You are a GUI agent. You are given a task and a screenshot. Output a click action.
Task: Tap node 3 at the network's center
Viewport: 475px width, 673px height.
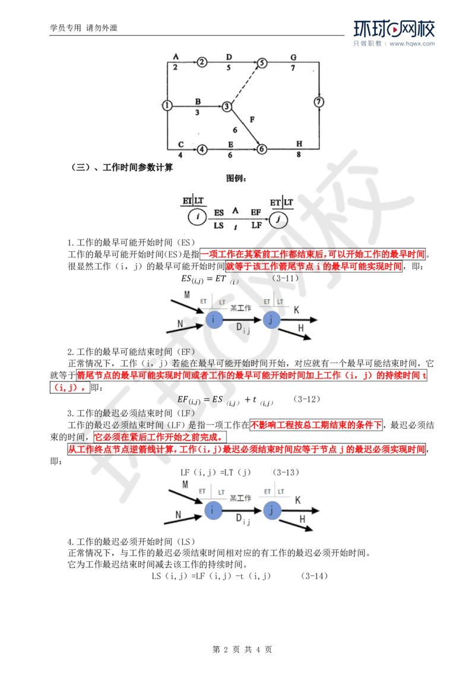tap(227, 106)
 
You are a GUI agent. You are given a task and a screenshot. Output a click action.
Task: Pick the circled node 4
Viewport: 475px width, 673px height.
tap(202, 149)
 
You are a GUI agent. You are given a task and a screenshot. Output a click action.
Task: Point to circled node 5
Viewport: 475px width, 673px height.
tap(261, 62)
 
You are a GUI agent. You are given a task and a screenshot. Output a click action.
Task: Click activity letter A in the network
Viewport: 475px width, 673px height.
tap(175, 57)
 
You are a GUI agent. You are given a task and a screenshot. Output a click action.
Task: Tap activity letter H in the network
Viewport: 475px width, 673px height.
tap(299, 144)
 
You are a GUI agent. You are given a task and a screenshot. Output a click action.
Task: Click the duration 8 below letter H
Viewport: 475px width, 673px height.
tap(298, 155)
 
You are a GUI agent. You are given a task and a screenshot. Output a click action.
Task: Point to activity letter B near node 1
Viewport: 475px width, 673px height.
tap(197, 100)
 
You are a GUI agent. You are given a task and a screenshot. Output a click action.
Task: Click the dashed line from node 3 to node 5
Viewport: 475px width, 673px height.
tap(243, 84)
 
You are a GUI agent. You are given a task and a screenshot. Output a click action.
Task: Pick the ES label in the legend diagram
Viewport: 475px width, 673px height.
tap(218, 212)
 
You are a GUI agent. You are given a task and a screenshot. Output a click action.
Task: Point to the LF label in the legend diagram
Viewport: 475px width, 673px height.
tap(256, 226)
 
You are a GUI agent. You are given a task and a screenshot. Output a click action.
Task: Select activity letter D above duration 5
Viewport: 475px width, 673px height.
tap(229, 57)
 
